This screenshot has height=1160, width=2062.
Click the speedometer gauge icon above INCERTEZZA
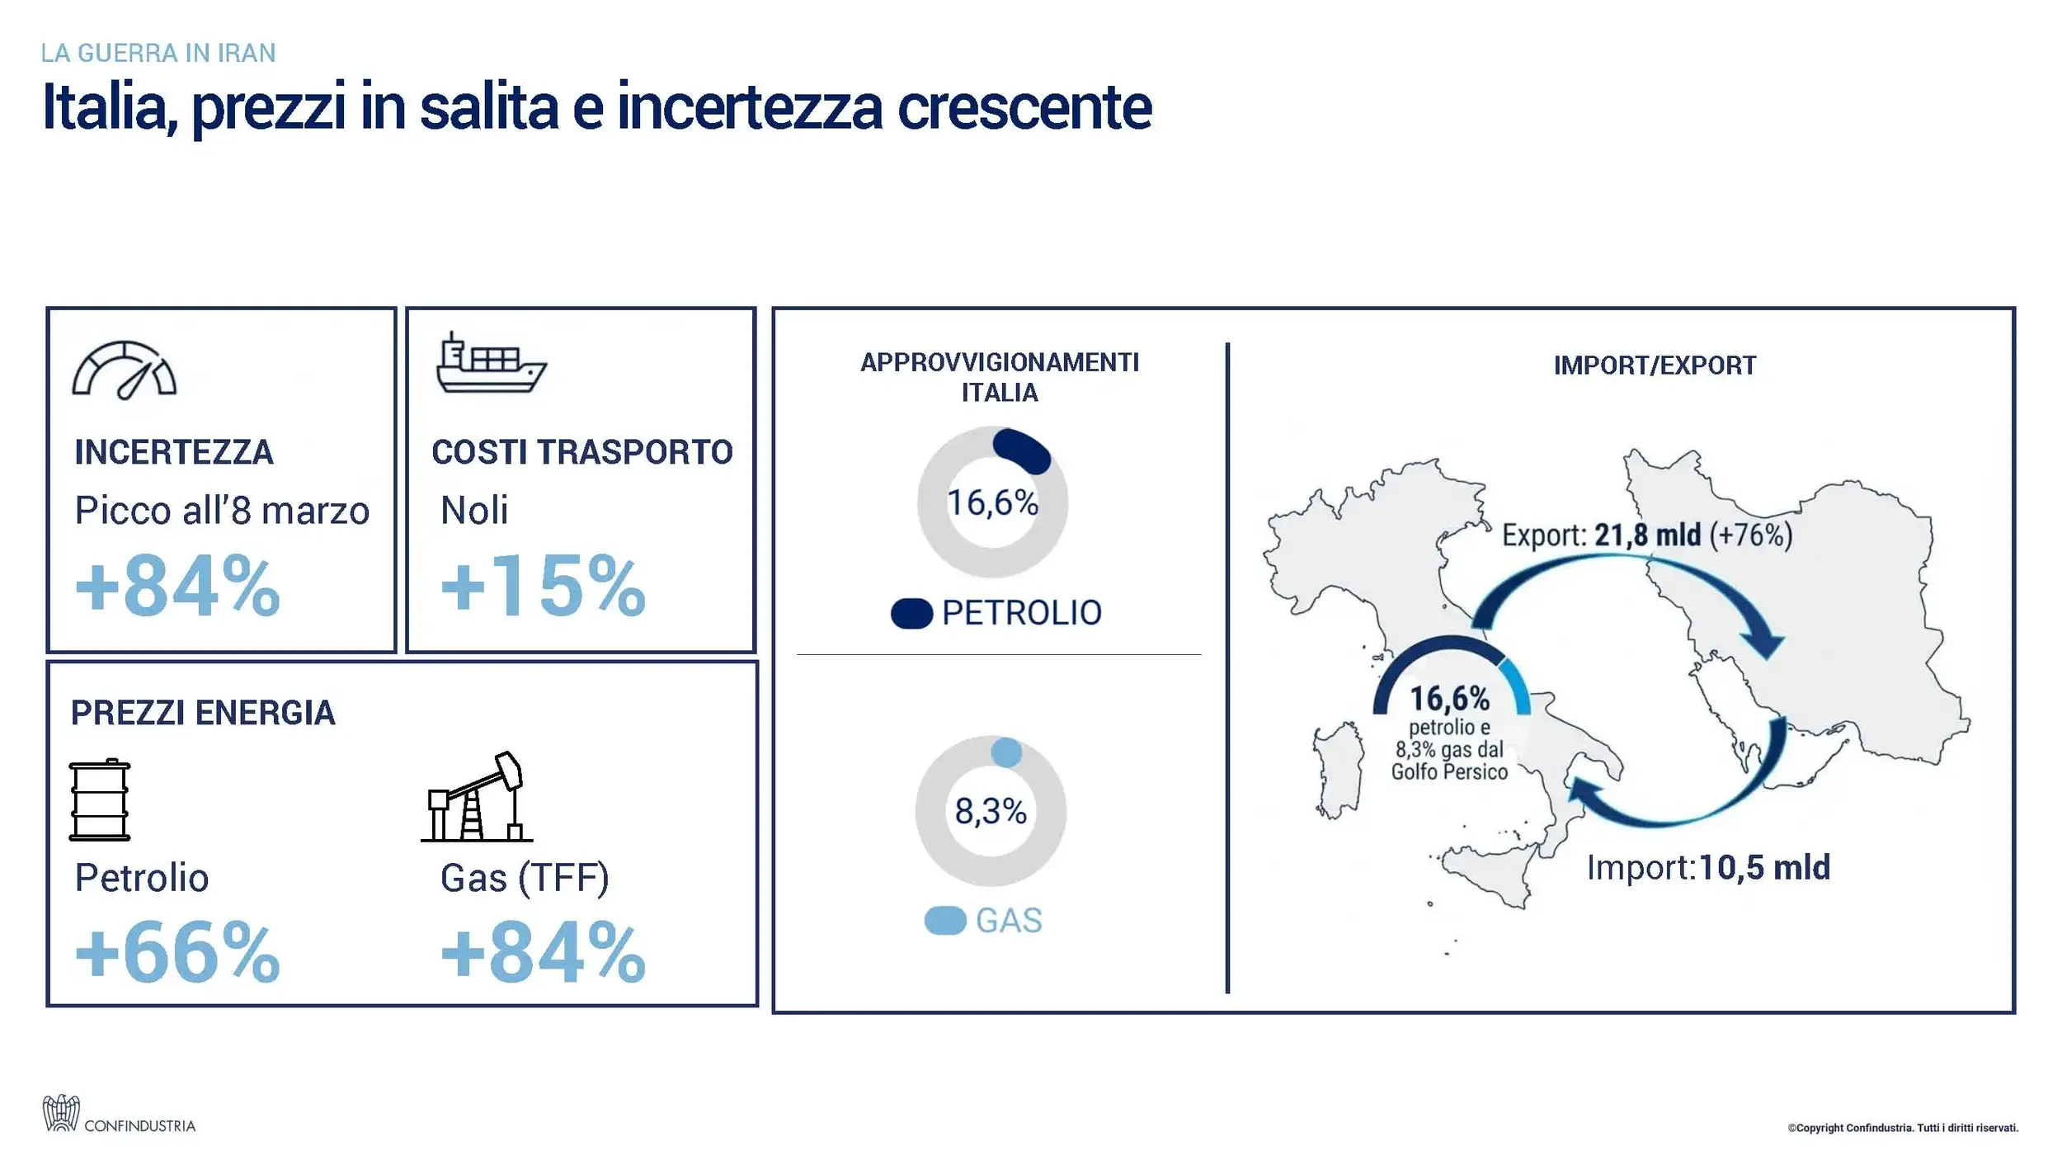pyautogui.click(x=125, y=370)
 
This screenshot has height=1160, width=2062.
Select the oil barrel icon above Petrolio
pyautogui.click(x=100, y=799)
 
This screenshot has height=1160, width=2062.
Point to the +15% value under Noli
pyautogui.click(x=543, y=587)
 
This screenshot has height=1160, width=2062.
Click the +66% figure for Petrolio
pyautogui.click(x=177, y=954)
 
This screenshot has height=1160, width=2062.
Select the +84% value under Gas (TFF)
pyautogui.click(x=543, y=954)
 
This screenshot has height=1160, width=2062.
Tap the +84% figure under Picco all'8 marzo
pyautogui.click(x=177, y=587)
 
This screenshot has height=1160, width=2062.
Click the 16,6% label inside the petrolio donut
pyautogui.click(x=992, y=502)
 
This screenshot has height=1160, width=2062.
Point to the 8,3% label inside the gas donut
pyautogui.click(x=991, y=811)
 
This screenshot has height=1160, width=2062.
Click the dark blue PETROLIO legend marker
pyautogui.click(x=911, y=613)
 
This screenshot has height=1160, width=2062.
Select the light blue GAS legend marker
pyautogui.click(x=945, y=920)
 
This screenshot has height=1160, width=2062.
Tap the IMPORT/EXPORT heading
pyautogui.click(x=1655, y=365)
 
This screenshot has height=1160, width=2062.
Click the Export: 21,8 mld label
pyautogui.click(x=1646, y=535)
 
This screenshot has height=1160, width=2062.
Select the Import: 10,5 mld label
pyautogui.click(x=1708, y=867)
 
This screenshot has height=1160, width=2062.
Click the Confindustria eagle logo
pyautogui.click(x=61, y=1113)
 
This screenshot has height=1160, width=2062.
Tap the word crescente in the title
pyautogui.click(x=1024, y=107)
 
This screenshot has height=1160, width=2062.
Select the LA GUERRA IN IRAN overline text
pyautogui.click(x=158, y=53)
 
